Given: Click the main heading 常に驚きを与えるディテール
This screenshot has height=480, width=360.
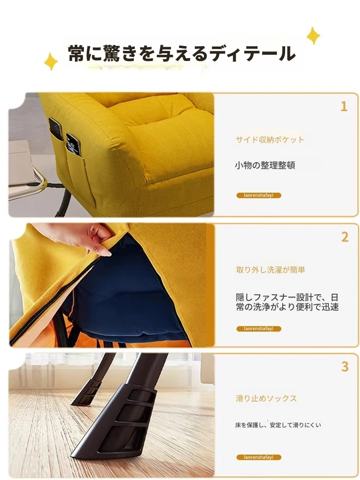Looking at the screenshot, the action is (181, 54).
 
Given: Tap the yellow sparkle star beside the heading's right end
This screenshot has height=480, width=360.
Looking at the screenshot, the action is (313, 36).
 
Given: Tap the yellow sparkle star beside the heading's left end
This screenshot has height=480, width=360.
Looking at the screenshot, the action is (51, 61).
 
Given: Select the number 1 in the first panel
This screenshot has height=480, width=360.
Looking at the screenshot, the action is (344, 107).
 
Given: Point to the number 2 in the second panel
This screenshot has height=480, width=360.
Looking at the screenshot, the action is (345, 237).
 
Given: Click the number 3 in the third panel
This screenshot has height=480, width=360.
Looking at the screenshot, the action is (345, 366).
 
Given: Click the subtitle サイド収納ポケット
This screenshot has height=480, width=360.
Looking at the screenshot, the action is (270, 140).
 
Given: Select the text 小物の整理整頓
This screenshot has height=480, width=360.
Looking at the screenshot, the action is (265, 165).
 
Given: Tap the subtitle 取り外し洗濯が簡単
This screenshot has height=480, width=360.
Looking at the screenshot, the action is (271, 270).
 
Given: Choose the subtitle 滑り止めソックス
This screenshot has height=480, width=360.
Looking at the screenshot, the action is (266, 398).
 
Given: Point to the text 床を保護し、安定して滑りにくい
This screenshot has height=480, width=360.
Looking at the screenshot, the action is (278, 425).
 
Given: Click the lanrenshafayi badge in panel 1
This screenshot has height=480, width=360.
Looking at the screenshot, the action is (259, 195).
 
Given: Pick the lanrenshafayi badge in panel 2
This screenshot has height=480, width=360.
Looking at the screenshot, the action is (259, 329).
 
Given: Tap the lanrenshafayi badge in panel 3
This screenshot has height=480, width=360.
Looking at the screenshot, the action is (259, 457).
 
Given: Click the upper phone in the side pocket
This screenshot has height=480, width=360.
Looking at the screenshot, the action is (56, 129).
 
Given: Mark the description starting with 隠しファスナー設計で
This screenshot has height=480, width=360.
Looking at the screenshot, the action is (287, 302).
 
